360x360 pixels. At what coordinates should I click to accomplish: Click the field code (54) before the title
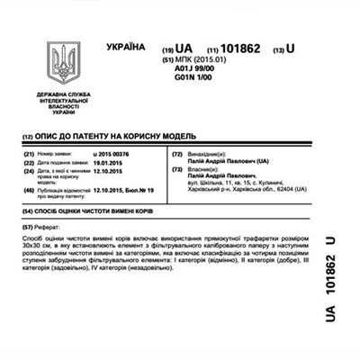point(27,211)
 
